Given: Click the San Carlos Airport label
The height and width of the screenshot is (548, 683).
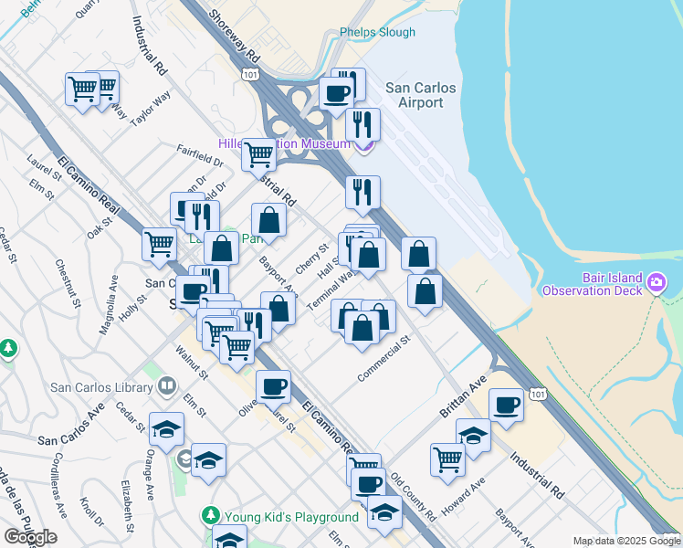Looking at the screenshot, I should (x=415, y=96).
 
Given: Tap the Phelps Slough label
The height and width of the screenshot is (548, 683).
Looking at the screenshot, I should (x=377, y=33).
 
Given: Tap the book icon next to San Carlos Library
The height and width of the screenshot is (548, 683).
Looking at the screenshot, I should (x=166, y=386).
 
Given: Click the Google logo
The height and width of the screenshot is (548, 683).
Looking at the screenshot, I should (x=30, y=537).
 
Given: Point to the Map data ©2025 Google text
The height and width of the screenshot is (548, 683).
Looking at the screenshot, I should (x=625, y=541).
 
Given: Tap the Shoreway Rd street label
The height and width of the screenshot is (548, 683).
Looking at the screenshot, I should (x=236, y=37).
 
